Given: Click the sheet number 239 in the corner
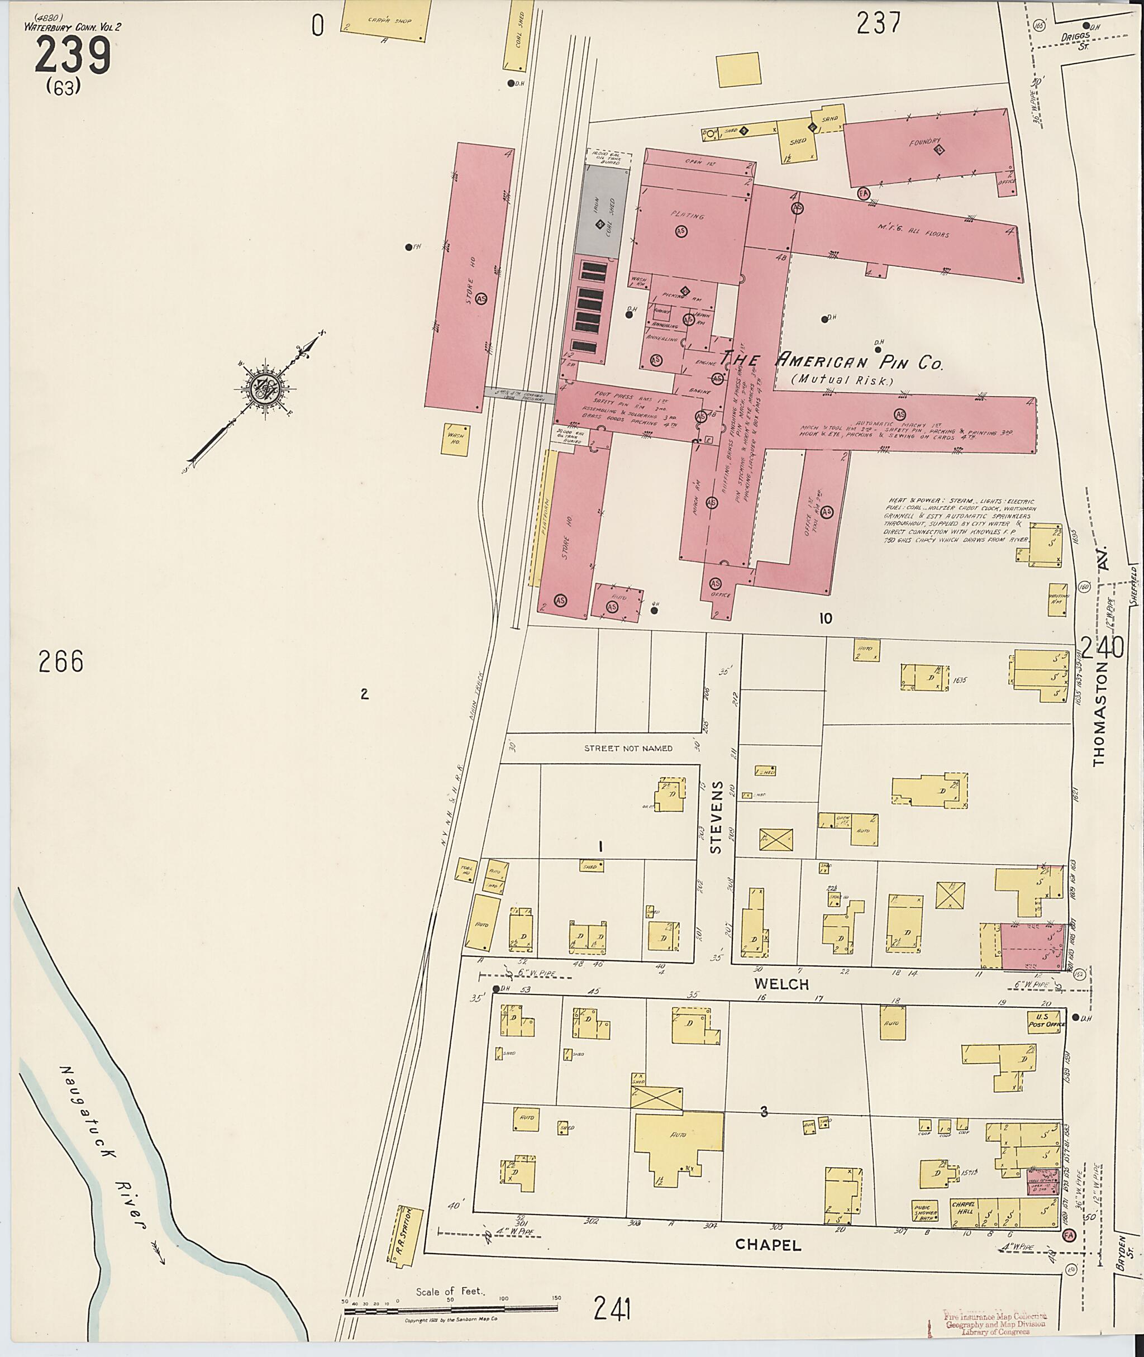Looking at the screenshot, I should tap(72, 56).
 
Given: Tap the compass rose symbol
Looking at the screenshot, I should tap(265, 388).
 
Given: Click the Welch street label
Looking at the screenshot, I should tap(781, 983).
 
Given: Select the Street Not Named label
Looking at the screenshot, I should tap(628, 748).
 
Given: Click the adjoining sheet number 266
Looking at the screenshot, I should tap(61, 661).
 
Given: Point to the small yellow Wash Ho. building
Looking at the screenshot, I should tap(456, 439).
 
